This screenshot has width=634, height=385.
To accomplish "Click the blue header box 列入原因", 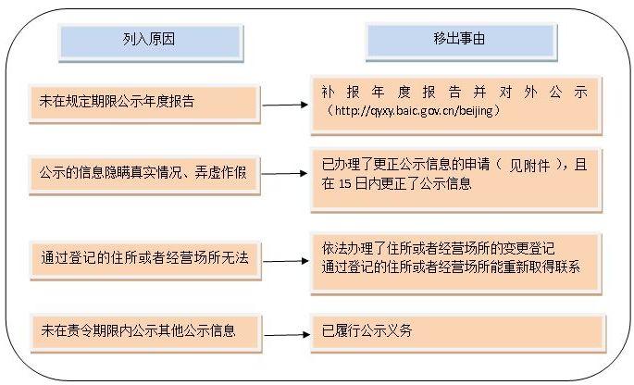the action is [151, 42].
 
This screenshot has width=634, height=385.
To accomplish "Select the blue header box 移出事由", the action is [461, 42].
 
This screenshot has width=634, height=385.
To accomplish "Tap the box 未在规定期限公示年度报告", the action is [144, 104].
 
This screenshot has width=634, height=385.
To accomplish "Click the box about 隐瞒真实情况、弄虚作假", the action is [144, 175].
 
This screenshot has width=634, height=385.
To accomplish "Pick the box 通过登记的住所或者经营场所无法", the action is [145, 260].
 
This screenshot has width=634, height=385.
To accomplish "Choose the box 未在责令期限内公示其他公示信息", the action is [146, 333].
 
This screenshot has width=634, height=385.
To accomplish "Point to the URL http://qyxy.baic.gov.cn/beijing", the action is [413, 111].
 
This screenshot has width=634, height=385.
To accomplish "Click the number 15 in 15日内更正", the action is [345, 184].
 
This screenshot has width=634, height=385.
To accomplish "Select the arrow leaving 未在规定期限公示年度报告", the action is [285, 105].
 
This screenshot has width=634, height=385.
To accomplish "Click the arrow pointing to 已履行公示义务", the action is [287, 335].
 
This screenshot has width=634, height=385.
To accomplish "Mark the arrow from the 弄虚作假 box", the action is [285, 173].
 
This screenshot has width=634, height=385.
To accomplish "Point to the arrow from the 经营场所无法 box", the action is [285, 261].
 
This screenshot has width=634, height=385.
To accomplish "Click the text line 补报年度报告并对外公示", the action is [454, 93].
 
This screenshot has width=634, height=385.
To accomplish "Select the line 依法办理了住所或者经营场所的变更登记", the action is [438, 248].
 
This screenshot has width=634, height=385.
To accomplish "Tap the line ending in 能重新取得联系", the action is [451, 267].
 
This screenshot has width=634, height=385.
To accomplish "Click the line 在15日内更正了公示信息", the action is [397, 184].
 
